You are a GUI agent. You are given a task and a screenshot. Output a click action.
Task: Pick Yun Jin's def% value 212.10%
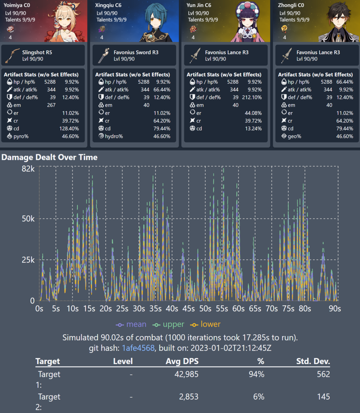tap(252, 97)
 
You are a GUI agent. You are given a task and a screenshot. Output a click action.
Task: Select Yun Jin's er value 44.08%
tap(253, 113)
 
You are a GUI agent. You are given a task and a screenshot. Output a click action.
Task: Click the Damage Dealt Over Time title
tap(50, 157)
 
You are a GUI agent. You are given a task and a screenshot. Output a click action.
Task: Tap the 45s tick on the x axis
tap(189, 309)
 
